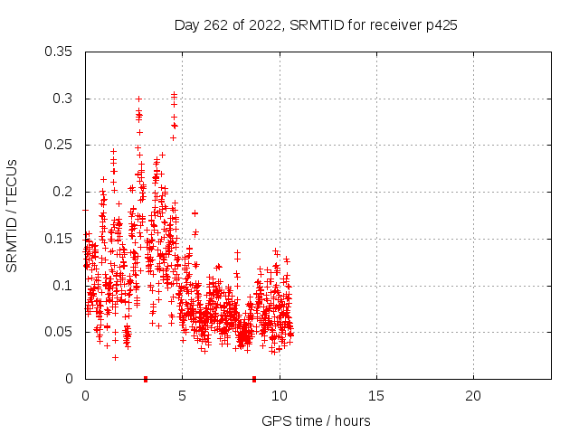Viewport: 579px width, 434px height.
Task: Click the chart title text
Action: click(316, 25)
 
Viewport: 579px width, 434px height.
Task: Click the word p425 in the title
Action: click(441, 26)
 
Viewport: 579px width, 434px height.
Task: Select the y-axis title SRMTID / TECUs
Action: click(12, 216)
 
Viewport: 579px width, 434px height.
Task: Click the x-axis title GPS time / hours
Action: click(316, 420)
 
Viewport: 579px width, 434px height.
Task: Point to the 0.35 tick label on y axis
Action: click(58, 52)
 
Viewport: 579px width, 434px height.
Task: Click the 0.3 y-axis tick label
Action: click(62, 99)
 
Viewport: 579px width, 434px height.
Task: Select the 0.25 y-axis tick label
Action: click(58, 145)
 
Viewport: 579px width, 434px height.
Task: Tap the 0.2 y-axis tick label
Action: click(62, 192)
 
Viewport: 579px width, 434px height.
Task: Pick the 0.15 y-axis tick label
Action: click(58, 239)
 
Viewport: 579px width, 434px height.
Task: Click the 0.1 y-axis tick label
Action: click(62, 286)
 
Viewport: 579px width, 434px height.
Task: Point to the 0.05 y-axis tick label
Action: click(58, 332)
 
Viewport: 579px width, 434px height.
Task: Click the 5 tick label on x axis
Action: click(182, 396)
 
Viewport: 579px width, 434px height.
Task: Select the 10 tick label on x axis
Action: click(280, 396)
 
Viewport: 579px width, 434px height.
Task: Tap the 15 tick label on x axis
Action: click(376, 396)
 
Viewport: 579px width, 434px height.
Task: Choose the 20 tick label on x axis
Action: click(473, 396)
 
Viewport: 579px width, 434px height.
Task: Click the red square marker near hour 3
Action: click(146, 379)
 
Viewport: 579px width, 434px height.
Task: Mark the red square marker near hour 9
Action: click(254, 379)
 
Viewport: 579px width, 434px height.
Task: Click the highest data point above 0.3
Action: click(175, 94)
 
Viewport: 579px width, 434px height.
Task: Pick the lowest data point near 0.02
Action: click(115, 357)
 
